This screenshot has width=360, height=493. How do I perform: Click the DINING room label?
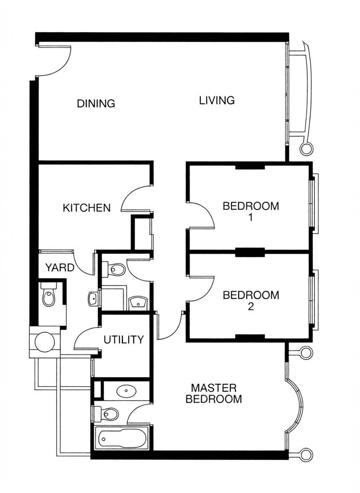point(96,103)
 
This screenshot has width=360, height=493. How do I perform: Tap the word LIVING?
point(217,101)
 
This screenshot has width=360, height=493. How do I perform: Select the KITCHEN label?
point(87,208)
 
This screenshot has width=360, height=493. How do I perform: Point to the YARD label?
point(60,268)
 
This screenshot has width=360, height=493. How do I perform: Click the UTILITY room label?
point(124,340)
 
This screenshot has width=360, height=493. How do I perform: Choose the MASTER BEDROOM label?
point(214,393)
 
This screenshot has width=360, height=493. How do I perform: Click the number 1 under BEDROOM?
point(250,217)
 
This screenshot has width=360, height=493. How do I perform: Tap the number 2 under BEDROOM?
point(250,306)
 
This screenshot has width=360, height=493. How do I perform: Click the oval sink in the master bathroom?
point(126,391)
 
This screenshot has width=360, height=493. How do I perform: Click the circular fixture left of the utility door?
point(45,342)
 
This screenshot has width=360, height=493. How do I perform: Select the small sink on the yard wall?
point(93,299)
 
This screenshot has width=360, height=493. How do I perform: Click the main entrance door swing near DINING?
point(53,61)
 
